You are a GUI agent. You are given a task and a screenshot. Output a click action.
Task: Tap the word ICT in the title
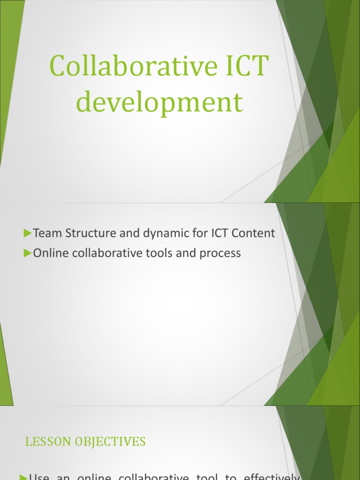[x=242, y=67]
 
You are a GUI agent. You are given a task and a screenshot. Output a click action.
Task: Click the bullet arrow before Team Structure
[x=27, y=233]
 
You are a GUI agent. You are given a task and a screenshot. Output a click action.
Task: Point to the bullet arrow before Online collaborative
[x=27, y=253]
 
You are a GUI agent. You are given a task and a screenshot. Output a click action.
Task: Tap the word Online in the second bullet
[x=49, y=253]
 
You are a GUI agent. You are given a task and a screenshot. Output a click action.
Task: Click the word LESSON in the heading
[x=47, y=442]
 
